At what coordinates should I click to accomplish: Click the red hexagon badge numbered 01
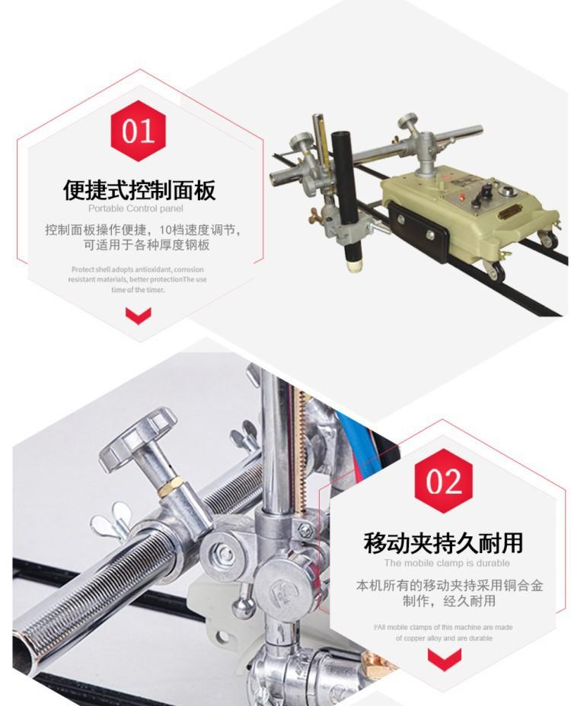(138, 131)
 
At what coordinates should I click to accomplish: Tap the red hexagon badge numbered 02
(443, 482)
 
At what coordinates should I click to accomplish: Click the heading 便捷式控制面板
(139, 189)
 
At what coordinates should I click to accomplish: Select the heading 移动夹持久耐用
(443, 542)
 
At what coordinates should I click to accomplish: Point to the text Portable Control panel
(136, 208)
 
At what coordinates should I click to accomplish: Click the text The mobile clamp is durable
(447, 563)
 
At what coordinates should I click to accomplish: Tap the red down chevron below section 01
(138, 316)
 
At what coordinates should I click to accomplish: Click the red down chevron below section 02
(445, 659)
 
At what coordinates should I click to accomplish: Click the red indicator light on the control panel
(461, 196)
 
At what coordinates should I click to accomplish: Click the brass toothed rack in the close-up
(300, 450)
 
